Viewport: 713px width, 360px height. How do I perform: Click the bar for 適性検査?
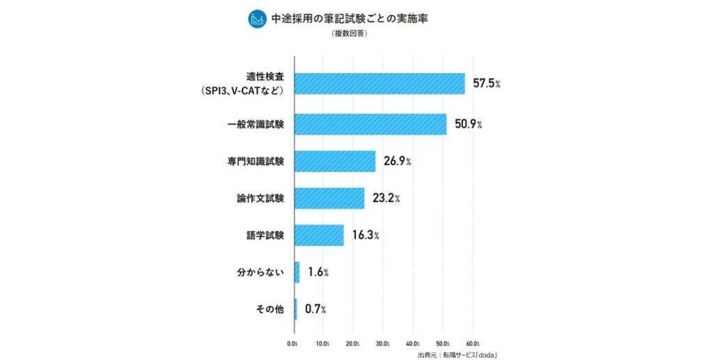coord(379,84)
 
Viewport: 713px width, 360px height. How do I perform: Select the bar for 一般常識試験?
coord(370,124)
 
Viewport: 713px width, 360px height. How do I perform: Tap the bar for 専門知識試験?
coord(335,162)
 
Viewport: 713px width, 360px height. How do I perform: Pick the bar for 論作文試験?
coord(329,198)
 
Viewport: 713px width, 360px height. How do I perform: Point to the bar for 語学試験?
coord(319,235)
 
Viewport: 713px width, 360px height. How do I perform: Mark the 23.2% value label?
coord(386,198)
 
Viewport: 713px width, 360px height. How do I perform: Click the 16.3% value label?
coord(365,235)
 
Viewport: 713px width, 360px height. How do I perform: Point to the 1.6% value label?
coord(318,272)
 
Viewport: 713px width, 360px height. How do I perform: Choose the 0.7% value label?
coord(315,309)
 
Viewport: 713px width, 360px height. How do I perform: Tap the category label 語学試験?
coord(265,235)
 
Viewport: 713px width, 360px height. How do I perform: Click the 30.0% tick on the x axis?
coord(383,343)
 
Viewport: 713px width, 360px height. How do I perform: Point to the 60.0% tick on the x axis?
coord(473,343)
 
